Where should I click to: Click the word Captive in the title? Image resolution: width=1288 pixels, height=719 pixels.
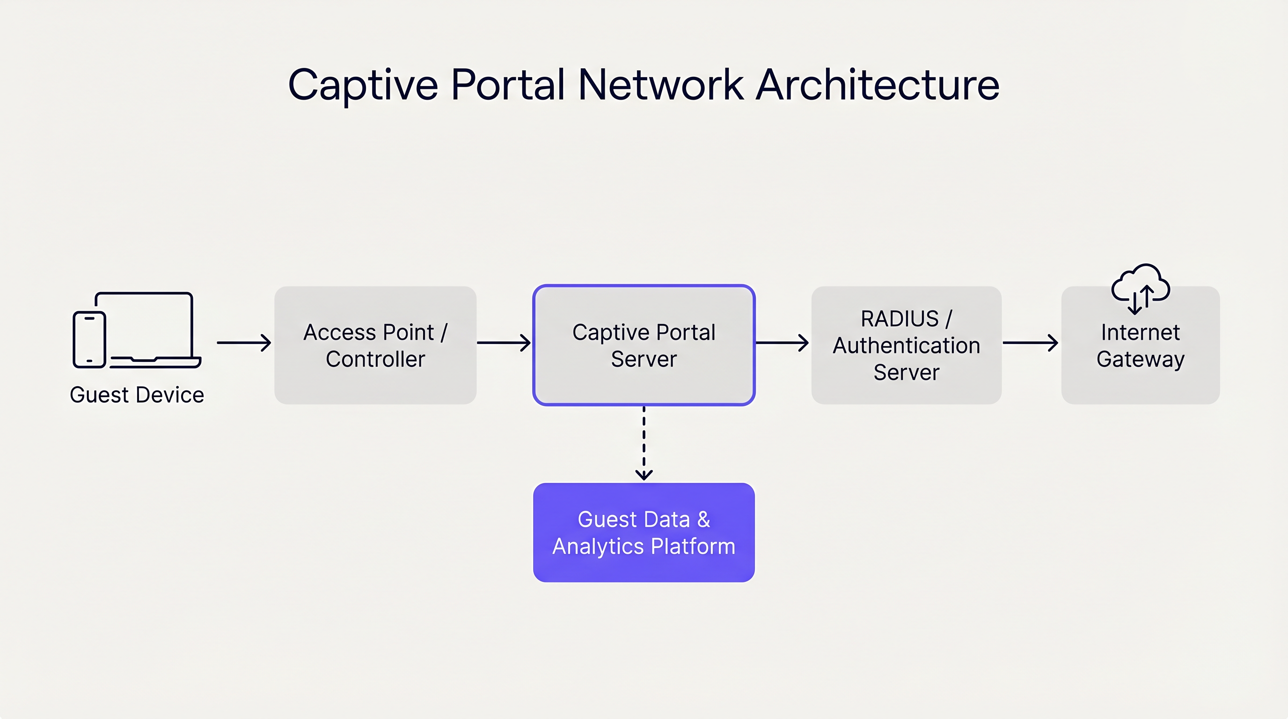click(363, 85)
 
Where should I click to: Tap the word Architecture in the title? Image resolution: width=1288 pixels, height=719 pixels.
click(878, 85)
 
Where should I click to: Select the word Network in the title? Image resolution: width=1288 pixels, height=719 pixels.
click(660, 85)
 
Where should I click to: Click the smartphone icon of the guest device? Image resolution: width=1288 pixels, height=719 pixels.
click(89, 339)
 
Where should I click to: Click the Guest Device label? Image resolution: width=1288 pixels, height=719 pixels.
click(137, 395)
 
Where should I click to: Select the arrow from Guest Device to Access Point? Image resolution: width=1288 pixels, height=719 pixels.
click(243, 343)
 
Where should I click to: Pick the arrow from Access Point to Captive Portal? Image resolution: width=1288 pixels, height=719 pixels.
click(504, 343)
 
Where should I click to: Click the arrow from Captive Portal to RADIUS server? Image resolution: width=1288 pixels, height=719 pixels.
click(782, 343)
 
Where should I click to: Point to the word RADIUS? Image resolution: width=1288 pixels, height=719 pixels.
click(899, 319)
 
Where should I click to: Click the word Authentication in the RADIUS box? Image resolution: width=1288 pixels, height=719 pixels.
click(906, 345)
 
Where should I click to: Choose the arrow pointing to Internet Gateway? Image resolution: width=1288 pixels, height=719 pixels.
click(1030, 343)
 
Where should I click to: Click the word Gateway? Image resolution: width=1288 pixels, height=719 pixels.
click(1140, 359)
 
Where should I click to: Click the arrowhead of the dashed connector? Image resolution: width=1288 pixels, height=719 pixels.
click(644, 475)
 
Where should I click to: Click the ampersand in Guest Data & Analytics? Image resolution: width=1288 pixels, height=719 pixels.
click(703, 520)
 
